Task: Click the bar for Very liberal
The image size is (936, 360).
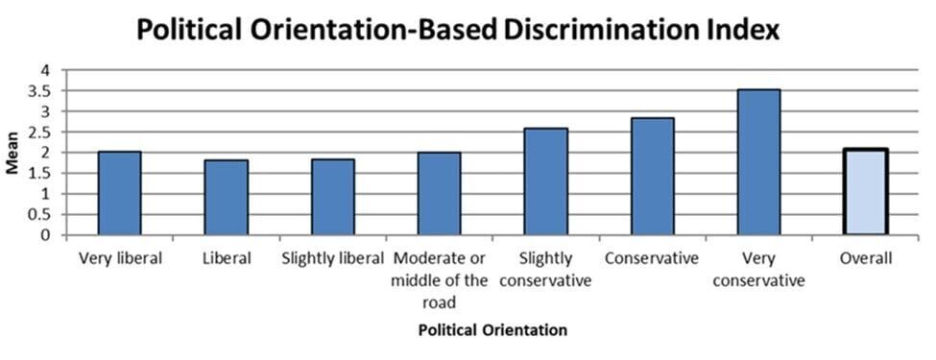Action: click(120, 193)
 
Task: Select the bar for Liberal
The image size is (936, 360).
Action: click(227, 198)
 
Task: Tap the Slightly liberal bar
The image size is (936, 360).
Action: click(333, 198)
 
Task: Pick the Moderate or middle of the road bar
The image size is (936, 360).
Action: click(439, 194)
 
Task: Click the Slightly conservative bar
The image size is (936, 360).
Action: click(545, 181)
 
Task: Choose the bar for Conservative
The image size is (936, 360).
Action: click(652, 177)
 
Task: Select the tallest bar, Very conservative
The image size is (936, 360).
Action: click(758, 162)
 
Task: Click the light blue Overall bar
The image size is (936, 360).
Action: click(865, 192)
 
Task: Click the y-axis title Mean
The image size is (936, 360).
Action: click(13, 154)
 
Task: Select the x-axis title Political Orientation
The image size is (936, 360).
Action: click(492, 330)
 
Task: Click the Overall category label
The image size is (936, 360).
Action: click(865, 259)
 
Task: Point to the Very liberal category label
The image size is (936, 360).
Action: click(120, 259)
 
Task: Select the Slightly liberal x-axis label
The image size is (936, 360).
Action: click(333, 259)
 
